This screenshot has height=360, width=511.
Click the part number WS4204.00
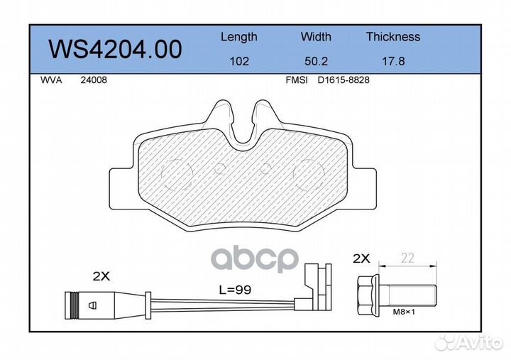click(116, 49)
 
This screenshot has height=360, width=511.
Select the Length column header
click(239, 37)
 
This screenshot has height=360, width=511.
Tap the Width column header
click(316, 36)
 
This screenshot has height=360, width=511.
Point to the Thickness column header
click(393, 36)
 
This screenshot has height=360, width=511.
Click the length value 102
click(239, 61)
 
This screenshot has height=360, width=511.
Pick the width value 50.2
click(316, 61)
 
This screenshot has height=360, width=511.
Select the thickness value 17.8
click(393, 61)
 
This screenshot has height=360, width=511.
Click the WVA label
click(51, 80)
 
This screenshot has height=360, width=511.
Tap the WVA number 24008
click(94, 80)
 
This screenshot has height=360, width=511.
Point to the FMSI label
click(297, 80)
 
